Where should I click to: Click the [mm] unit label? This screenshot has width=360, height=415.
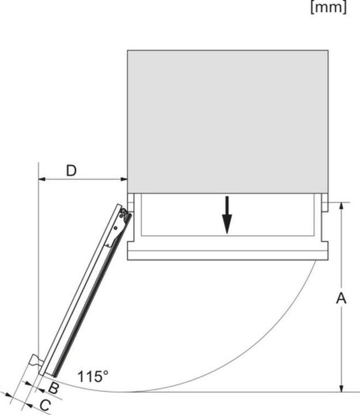328,9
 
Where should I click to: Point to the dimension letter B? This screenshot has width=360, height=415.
53,387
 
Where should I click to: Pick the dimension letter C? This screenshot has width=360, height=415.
44,405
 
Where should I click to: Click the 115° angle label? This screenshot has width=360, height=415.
93,377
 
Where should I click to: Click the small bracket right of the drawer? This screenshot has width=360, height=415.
324,202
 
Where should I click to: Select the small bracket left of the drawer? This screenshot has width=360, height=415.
131,202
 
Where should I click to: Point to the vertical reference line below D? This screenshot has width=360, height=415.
37,259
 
